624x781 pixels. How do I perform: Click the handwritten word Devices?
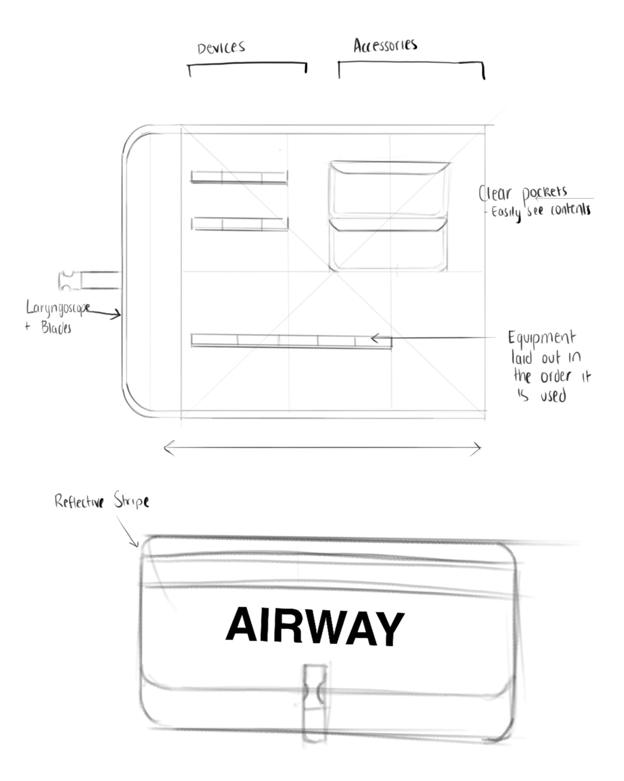(221, 47)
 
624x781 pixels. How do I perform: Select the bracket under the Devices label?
(247, 64)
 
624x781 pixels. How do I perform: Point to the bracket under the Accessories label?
(411, 63)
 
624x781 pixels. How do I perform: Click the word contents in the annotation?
(570, 210)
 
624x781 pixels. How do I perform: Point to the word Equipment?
(541, 338)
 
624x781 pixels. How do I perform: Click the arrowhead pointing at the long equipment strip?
(375, 339)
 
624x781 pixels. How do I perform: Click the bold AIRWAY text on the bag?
(314, 626)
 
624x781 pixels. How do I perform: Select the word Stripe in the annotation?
(131, 501)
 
